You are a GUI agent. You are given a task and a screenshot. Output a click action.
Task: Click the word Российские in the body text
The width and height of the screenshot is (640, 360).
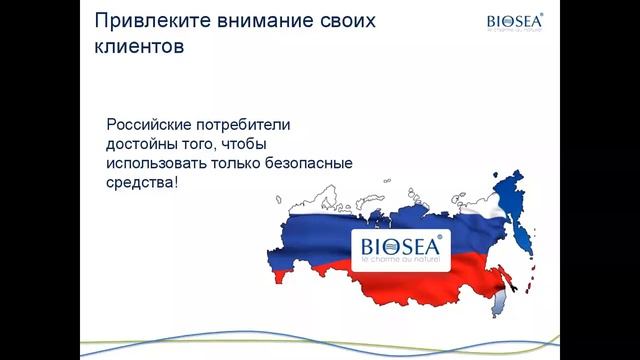pyautogui.click(x=152, y=125)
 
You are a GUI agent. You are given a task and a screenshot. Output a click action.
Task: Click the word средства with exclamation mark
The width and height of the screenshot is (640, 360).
pyautogui.click(x=141, y=185)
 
